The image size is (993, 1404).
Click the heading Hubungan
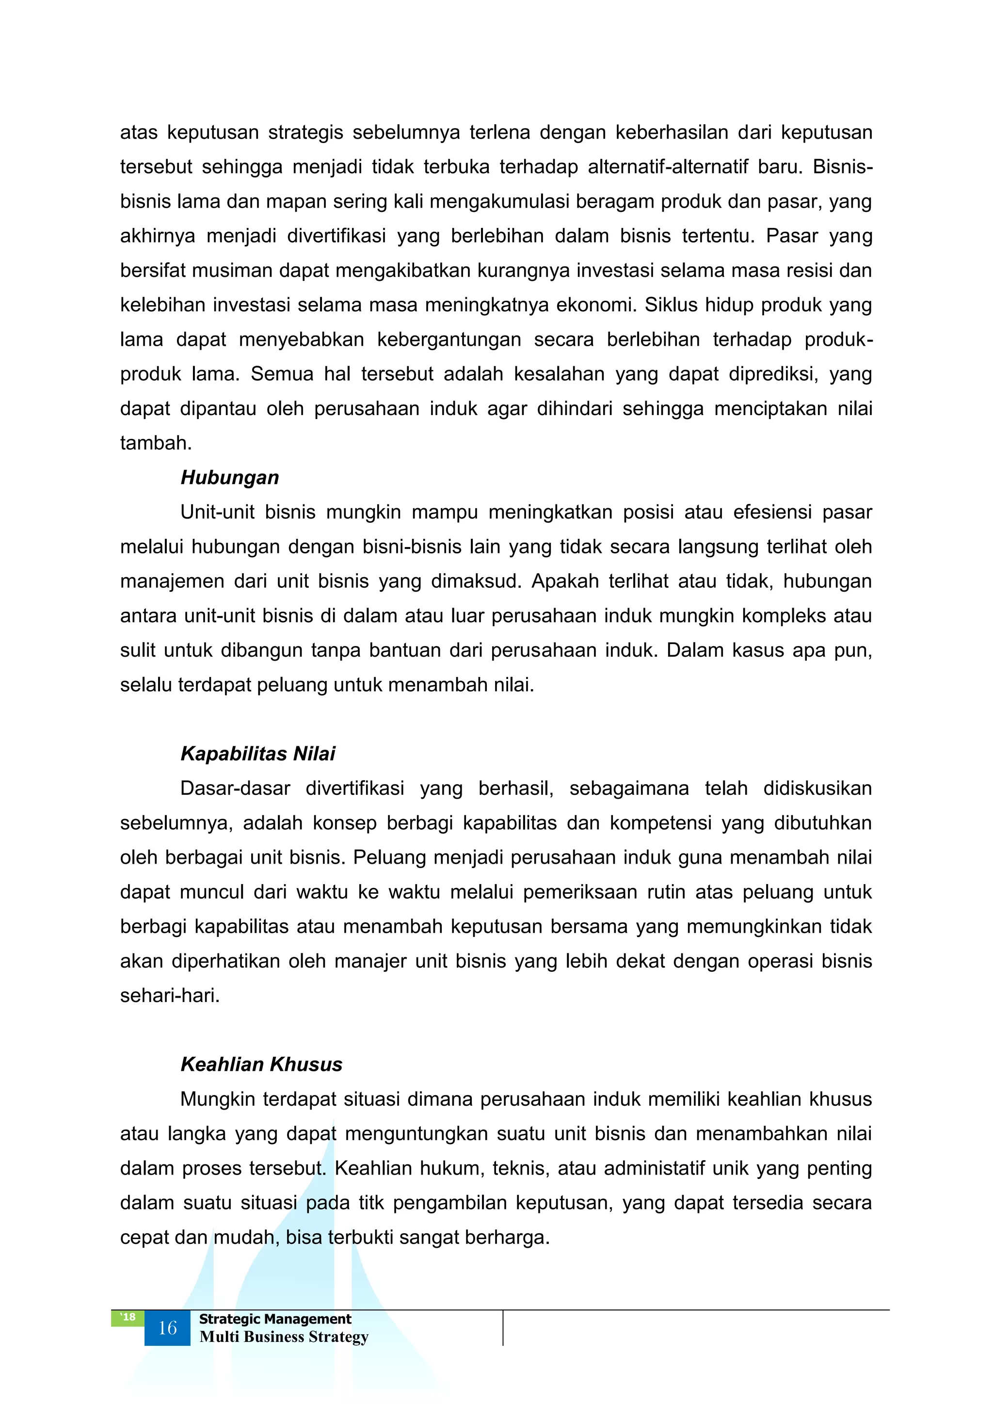tap(229, 478)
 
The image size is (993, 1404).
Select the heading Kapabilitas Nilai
tap(257, 754)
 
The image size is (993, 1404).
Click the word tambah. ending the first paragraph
tap(156, 443)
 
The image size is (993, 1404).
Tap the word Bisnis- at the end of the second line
tap(842, 167)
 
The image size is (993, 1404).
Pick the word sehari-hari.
tap(169, 996)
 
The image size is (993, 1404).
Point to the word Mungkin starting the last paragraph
tap(217, 1099)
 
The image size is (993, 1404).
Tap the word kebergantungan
tap(449, 339)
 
